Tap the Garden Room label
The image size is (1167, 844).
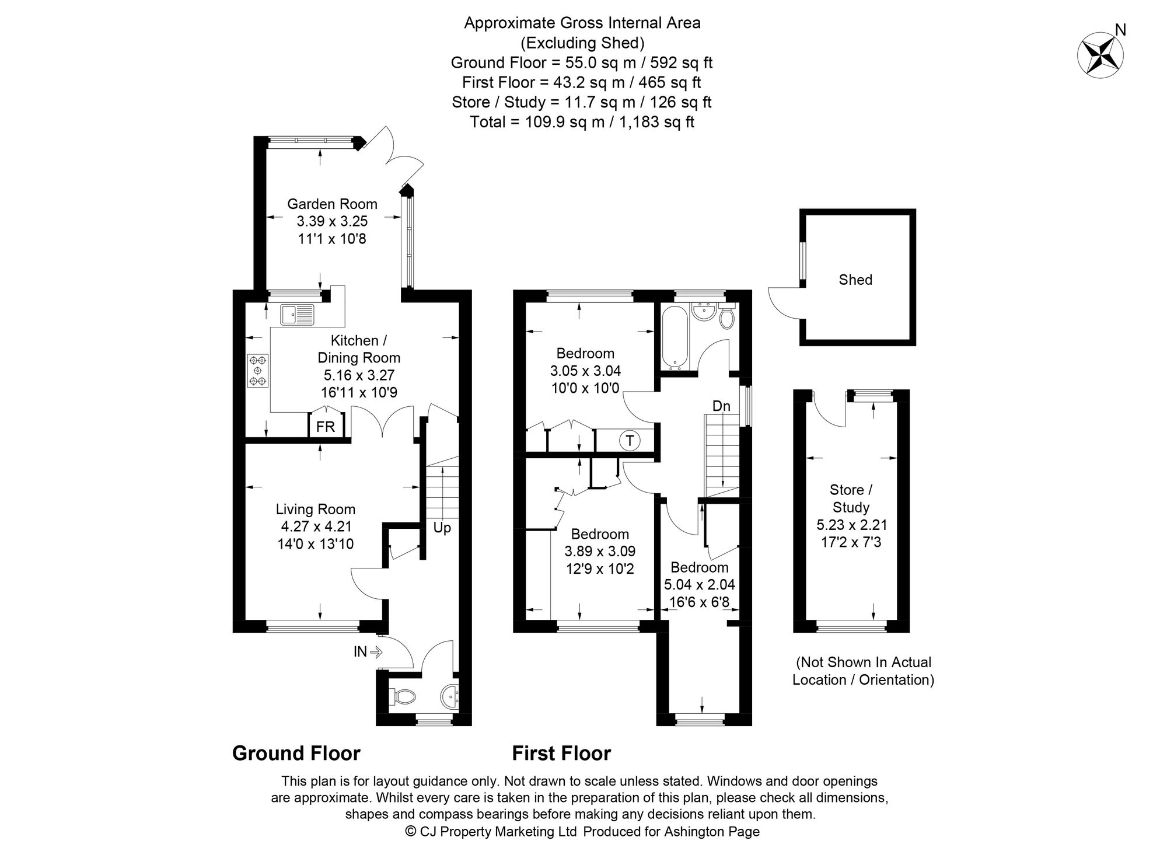click(332, 204)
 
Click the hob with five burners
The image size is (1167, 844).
click(257, 370)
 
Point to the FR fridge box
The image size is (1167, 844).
click(326, 427)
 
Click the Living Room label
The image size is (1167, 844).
click(316, 509)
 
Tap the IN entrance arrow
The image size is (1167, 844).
click(367, 651)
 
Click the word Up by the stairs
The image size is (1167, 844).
click(442, 528)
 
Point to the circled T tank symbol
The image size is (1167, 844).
click(630, 440)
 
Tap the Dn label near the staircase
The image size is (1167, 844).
click(721, 406)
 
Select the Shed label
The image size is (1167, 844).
click(855, 280)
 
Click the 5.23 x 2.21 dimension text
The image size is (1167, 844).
click(851, 525)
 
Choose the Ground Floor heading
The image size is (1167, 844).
click(296, 753)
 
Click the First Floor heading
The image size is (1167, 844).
click(561, 753)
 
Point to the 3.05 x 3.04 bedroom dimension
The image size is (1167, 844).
click(585, 370)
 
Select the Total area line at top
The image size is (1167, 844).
click(582, 122)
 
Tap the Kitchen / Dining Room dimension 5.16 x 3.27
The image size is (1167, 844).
click(359, 375)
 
